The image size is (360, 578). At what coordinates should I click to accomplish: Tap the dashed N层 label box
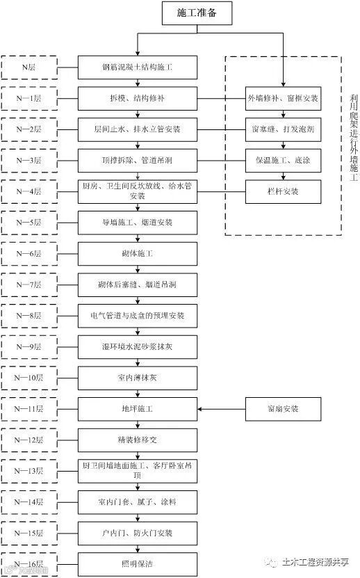[30, 67]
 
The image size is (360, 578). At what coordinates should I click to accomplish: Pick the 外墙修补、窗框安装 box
[284, 99]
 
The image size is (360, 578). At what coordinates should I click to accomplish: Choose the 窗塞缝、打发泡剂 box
[284, 129]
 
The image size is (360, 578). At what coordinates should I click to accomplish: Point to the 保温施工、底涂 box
[284, 160]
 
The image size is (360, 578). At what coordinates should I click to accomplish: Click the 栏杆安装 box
[284, 191]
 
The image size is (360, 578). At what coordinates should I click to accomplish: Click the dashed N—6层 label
[30, 253]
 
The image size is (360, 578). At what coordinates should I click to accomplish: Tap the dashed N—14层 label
[30, 501]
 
